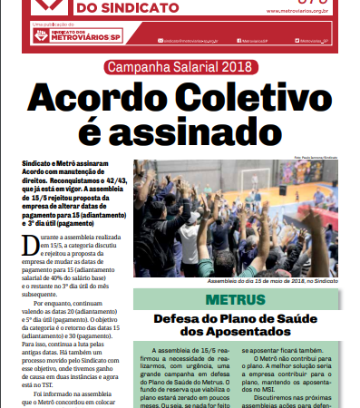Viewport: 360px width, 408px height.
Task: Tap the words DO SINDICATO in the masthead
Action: pyautogui.click(x=126, y=7)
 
